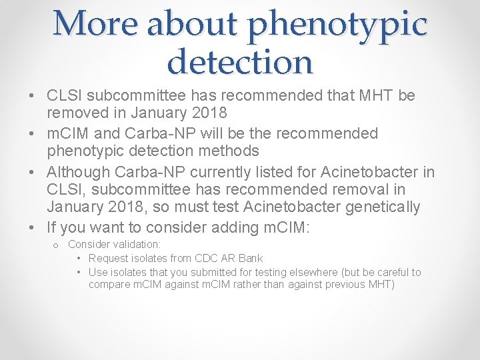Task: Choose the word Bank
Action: tap(250, 258)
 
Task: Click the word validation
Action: tap(136, 245)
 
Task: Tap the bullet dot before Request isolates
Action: tap(79, 259)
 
